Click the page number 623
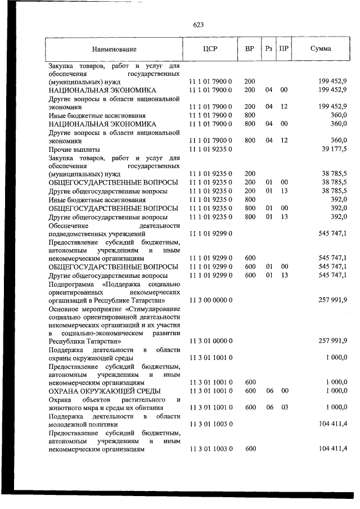click(x=198, y=25)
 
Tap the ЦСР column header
click(x=210, y=49)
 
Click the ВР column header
click(x=250, y=49)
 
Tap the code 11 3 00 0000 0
click(x=210, y=300)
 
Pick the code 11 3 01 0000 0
click(x=210, y=341)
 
